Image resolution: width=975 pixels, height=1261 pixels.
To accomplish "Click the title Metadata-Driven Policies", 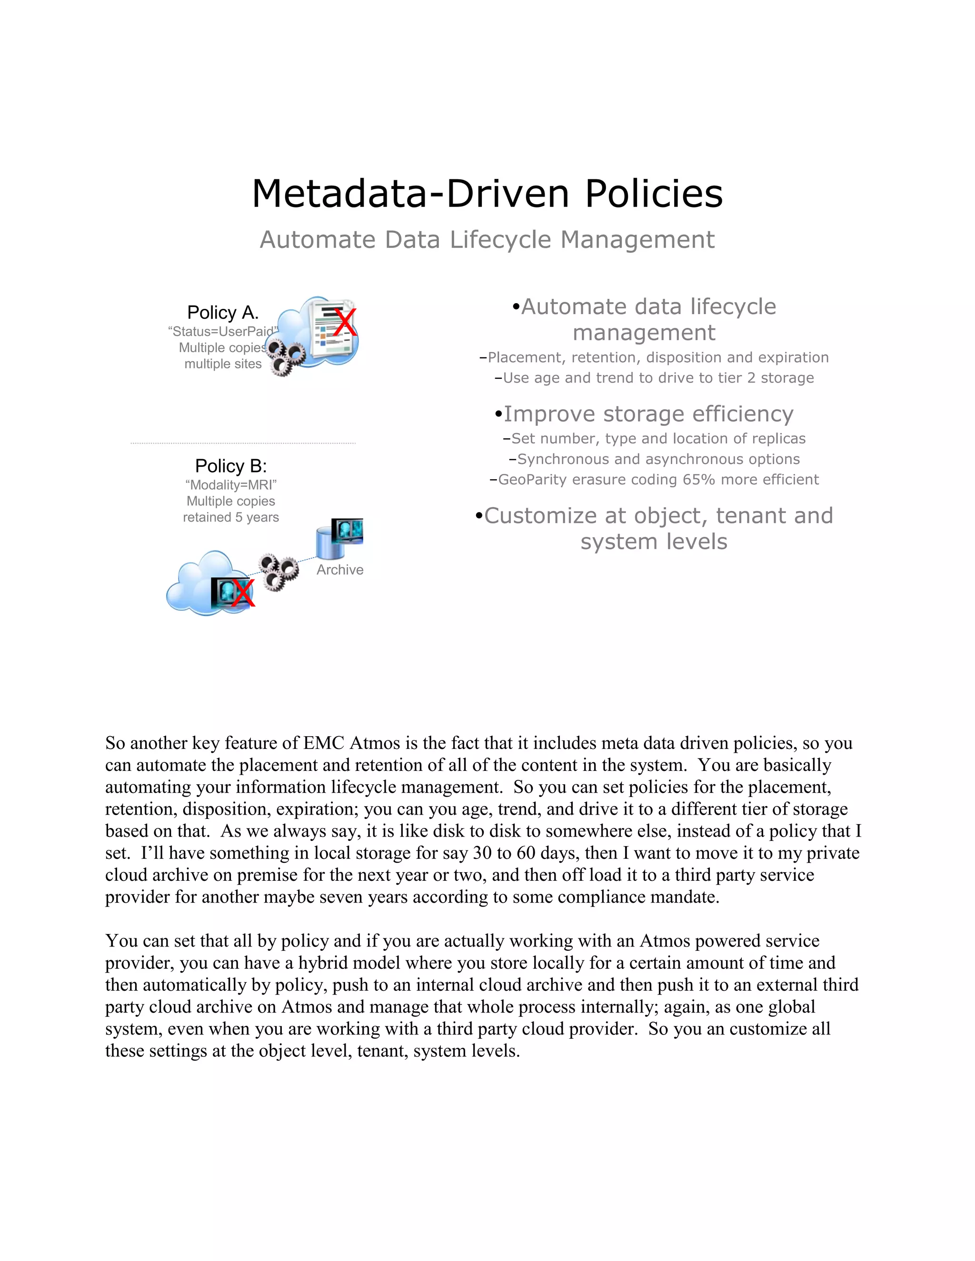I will tap(487, 194).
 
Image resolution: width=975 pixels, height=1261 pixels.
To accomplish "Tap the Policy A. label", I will tap(222, 312).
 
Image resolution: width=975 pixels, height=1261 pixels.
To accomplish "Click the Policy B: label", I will tap(230, 466).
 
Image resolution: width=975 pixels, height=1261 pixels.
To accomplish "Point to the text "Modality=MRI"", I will tap(230, 485).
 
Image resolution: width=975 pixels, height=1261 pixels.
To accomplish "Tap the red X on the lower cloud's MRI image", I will tap(243, 593).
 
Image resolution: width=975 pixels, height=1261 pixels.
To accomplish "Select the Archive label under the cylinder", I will tap(339, 570).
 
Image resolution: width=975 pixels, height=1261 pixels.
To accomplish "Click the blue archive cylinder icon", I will tap(330, 543).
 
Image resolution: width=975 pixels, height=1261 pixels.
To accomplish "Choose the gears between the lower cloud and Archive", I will tap(278, 571).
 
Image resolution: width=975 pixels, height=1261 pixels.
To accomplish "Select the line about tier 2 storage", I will tap(658, 378).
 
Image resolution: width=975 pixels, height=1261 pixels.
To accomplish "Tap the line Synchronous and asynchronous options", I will tap(658, 459).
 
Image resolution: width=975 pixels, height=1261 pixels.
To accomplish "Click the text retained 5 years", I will tap(230, 517).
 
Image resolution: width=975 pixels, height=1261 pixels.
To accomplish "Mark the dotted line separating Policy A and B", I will tap(243, 443).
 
